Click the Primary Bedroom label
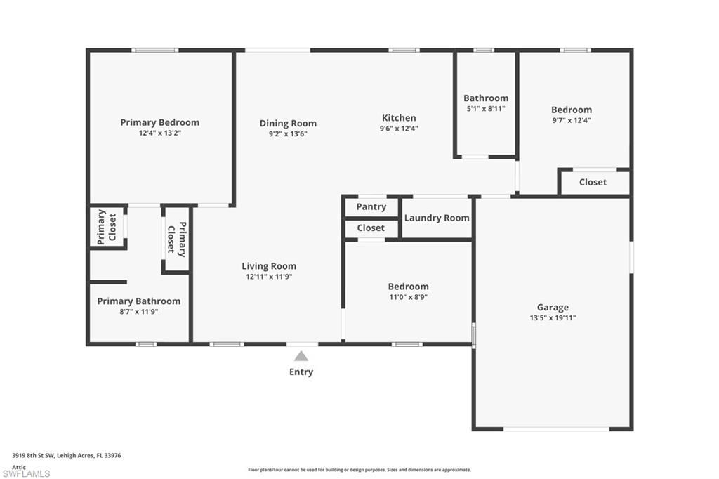click(x=159, y=122)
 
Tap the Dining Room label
click(x=288, y=124)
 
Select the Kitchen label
click(x=399, y=118)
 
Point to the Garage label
click(x=553, y=307)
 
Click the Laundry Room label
click(x=437, y=218)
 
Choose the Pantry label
click(x=371, y=206)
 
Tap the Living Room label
click(x=269, y=266)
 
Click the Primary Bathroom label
click(x=138, y=301)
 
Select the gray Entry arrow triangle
click(x=301, y=356)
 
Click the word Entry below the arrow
click(x=301, y=372)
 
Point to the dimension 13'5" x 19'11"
click(x=553, y=318)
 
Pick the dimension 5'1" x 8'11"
click(x=486, y=109)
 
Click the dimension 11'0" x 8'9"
click(x=408, y=297)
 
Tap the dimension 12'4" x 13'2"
click(x=159, y=133)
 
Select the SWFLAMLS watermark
click(x=26, y=473)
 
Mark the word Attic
click(x=19, y=466)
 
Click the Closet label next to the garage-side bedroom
click(x=593, y=182)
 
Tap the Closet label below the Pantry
click(x=371, y=228)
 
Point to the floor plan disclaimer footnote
click(x=359, y=470)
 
